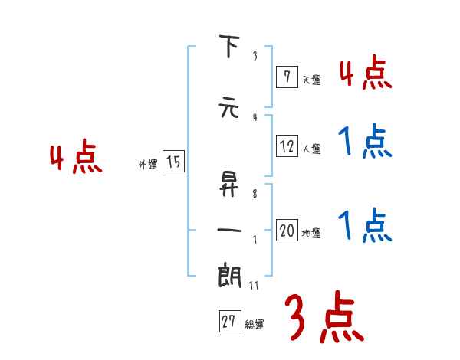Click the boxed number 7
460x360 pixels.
286,77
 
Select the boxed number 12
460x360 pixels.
287,147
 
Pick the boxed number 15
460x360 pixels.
173,162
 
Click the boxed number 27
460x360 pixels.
228,322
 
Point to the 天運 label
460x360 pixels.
311,79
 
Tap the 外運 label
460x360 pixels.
148,164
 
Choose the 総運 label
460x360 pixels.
255,325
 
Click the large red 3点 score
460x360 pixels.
324,316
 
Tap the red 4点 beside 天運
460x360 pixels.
365,74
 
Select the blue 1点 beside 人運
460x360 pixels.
365,142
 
